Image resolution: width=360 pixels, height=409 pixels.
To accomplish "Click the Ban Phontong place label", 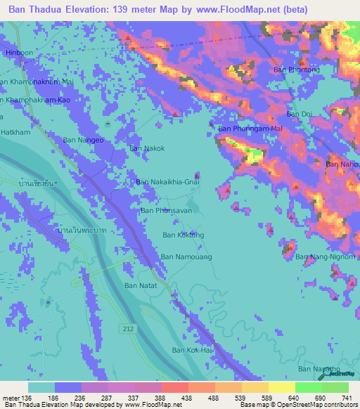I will (x=296, y=70).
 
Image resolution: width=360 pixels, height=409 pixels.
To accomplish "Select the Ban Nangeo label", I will (x=84, y=140).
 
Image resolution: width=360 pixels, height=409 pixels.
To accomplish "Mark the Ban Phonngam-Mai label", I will (x=250, y=129).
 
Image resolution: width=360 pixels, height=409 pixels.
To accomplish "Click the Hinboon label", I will (x=19, y=52).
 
